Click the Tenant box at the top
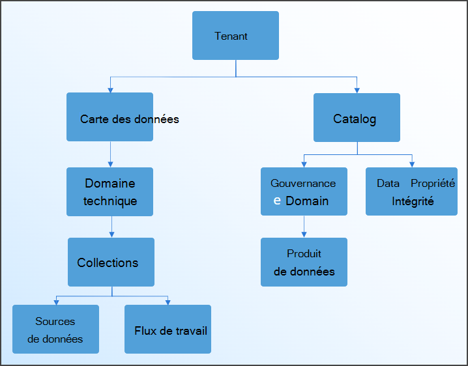(x=235, y=36)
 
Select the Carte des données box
(x=110, y=117)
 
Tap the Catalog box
(x=357, y=118)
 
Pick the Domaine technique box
(x=110, y=191)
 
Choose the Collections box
(x=111, y=262)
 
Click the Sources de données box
(x=55, y=329)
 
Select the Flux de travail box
(x=168, y=329)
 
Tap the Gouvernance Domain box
(x=304, y=191)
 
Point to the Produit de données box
(x=304, y=262)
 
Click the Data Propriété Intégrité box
(x=411, y=191)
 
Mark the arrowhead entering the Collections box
(x=111, y=234)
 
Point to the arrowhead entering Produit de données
(x=304, y=234)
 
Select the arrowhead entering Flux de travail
(x=168, y=302)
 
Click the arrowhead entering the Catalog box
(x=357, y=90)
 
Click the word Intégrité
(x=413, y=201)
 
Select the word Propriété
(x=433, y=184)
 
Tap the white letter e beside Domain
(x=277, y=201)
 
